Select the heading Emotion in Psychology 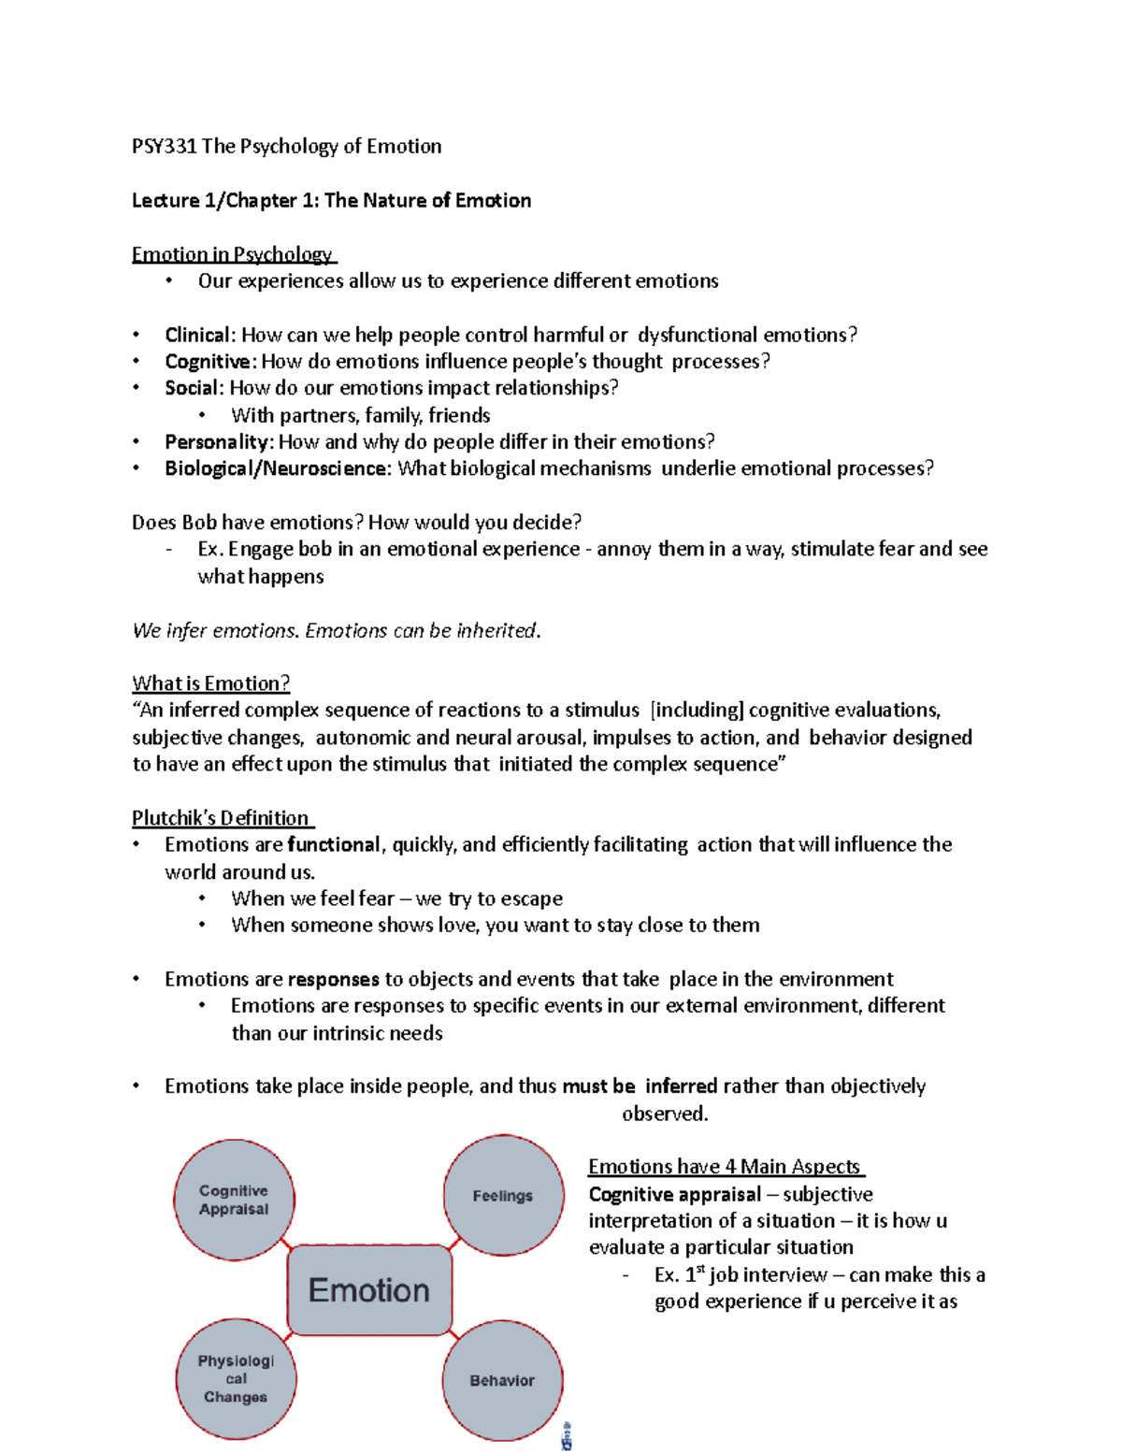pos(233,254)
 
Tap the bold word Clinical pos(197,335)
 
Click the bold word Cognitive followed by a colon pos(208,361)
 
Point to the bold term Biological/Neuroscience pos(277,467)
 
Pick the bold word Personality pos(218,441)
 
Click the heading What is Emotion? pos(211,683)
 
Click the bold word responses pos(334,979)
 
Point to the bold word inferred pos(681,1085)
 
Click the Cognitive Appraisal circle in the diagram pos(234,1200)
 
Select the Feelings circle pos(503,1195)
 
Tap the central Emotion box pos(369,1290)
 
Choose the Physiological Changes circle pos(236,1379)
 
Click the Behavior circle pos(502,1381)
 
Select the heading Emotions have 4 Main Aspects pos(725,1166)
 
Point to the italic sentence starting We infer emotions pos(337,630)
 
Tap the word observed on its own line pos(665,1114)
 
